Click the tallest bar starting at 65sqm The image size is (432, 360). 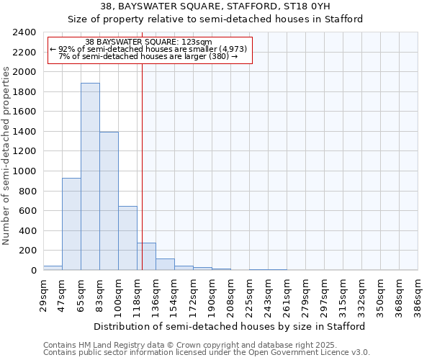[x=90, y=176]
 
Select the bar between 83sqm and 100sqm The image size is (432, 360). [x=109, y=201]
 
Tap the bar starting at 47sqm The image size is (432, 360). [x=71, y=224]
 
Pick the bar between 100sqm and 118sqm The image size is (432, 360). [x=127, y=238]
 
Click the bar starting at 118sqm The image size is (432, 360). [x=146, y=256]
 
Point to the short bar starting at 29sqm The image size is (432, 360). [x=53, y=268]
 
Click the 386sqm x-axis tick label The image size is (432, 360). [x=418, y=296]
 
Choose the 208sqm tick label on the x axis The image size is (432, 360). [x=230, y=296]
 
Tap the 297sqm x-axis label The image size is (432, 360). [x=324, y=296]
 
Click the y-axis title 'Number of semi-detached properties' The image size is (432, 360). [x=7, y=156]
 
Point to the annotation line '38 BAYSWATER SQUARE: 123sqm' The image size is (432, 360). [x=148, y=42]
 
